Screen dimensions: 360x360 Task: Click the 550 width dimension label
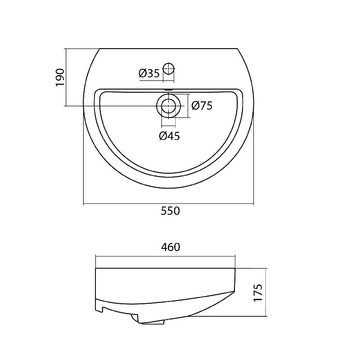coord(170,211)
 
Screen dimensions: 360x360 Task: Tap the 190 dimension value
coord(60,77)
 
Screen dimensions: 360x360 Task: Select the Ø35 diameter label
coord(149,73)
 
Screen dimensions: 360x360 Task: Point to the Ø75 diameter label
coord(202,106)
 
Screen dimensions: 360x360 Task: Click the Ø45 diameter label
coord(170,136)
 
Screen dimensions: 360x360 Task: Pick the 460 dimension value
coord(171,247)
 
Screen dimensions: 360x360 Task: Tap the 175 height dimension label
coord(258,293)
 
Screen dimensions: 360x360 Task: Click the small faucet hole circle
coord(169,68)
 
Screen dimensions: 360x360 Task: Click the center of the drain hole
coord(169,106)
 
